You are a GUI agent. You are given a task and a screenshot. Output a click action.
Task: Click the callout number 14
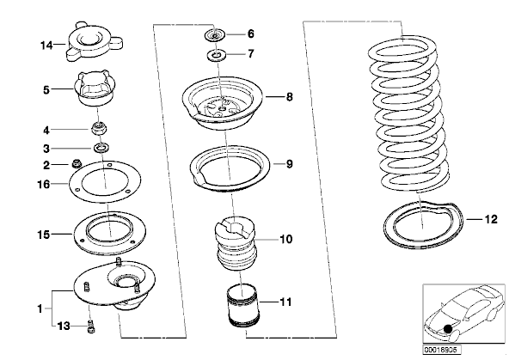46,46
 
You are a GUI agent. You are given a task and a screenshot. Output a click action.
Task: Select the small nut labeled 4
100,128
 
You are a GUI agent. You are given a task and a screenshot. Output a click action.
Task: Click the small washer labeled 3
101,148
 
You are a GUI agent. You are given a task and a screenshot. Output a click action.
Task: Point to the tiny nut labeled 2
77,163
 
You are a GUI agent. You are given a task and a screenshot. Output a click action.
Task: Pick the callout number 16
44,185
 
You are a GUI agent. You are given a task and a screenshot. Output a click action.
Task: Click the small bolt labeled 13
90,326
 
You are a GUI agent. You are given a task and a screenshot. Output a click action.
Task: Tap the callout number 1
40,308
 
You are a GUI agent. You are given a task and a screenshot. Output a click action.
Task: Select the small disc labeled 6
215,34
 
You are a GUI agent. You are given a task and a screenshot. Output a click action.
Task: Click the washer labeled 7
216,55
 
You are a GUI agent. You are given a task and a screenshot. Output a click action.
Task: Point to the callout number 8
289,97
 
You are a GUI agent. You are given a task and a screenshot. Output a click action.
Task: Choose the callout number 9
289,164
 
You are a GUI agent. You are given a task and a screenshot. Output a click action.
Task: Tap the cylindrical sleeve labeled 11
243,306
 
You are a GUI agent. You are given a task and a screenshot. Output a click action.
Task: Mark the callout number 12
491,220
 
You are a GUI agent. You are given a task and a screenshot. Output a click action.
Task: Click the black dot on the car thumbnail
448,329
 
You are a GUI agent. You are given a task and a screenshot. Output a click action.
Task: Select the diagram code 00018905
440,350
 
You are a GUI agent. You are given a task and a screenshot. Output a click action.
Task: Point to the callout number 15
44,235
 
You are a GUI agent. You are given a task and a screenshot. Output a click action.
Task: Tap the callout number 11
285,302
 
